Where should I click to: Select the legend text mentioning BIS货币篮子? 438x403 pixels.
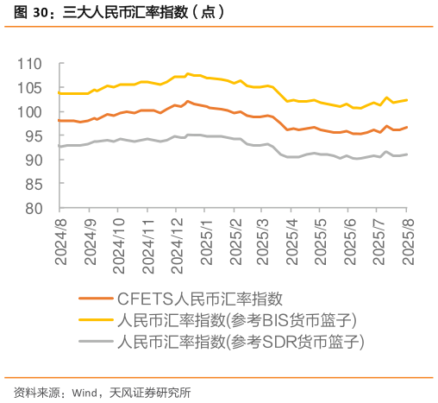[x=236, y=320]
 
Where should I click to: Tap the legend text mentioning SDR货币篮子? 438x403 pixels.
[x=241, y=342]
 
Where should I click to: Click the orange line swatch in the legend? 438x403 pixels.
[x=95, y=299]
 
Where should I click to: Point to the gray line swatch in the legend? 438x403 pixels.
[x=95, y=342]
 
